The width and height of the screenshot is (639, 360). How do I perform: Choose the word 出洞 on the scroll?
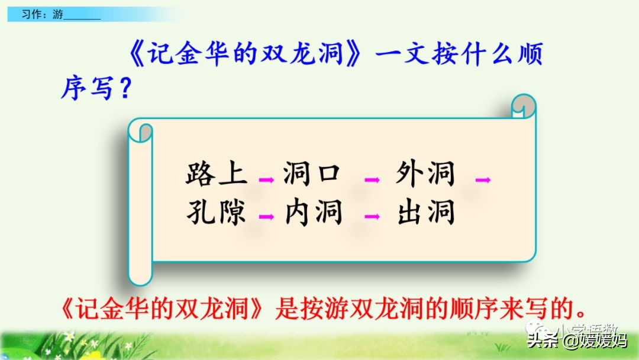pyautogui.click(x=425, y=211)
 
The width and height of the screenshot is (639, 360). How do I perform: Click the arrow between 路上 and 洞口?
pyautogui.click(x=266, y=180)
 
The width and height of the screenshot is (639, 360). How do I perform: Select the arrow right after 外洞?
pyautogui.click(x=483, y=180)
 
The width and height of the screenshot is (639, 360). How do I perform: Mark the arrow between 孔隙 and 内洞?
pyautogui.click(x=266, y=217)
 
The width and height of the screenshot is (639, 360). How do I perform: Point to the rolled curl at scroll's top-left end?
pyautogui.click(x=141, y=131)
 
